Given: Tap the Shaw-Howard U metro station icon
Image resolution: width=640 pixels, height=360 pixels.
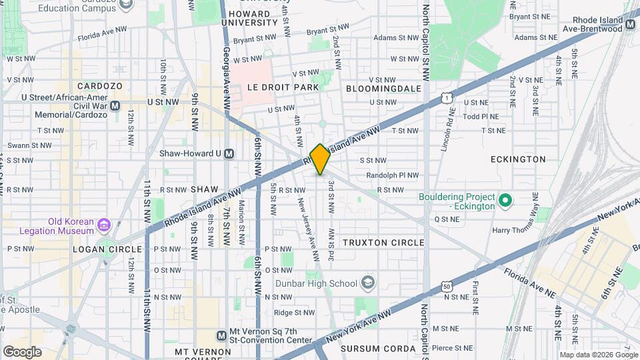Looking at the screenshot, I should coord(229,153).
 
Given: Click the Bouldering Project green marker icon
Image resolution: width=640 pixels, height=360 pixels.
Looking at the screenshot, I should coord(505,200).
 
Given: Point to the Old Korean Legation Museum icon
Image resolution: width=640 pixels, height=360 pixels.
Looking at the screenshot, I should coord(103,225).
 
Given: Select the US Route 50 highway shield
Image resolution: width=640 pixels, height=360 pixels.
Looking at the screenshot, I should coord(446,287).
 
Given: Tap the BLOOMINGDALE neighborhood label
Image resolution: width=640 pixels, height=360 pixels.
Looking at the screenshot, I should coord(383,88).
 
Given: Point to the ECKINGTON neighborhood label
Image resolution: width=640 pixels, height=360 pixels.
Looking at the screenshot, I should coord(517,159).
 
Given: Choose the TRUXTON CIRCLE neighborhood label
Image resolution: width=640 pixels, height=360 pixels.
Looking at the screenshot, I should coord(383,243).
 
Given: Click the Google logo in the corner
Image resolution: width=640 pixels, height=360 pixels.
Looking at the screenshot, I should coord(22,351).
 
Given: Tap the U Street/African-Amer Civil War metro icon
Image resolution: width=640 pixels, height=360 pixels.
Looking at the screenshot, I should coord(115,105).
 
